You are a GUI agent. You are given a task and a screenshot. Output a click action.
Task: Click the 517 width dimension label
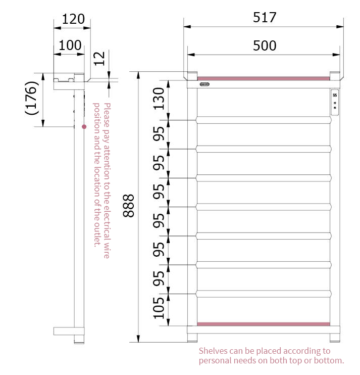pyautogui.click(x=265, y=18)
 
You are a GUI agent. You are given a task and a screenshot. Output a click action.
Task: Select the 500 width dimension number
pyautogui.click(x=265, y=45)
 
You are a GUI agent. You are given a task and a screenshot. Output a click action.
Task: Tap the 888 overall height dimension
pyautogui.click(x=129, y=206)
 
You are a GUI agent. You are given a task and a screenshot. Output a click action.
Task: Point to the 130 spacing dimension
pyautogui.click(x=159, y=99)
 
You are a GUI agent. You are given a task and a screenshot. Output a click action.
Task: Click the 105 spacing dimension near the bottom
pyautogui.click(x=159, y=308)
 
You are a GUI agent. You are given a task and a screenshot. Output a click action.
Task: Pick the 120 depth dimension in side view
pyautogui.click(x=73, y=19)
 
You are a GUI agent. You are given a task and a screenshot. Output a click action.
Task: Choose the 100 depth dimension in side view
pyautogui.click(x=70, y=45)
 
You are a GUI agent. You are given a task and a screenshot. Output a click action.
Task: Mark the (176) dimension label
pyautogui.click(x=32, y=98)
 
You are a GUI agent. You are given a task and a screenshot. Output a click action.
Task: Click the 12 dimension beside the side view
pyautogui.click(x=99, y=59)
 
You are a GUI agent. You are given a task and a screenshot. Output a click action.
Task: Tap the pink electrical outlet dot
pyautogui.click(x=84, y=127)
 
